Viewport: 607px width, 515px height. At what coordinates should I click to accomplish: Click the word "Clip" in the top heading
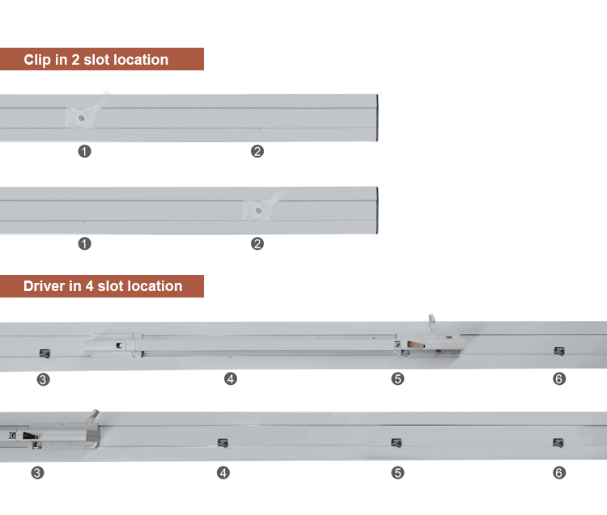tap(36, 60)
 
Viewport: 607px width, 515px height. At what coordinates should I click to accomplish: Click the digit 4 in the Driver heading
tap(89, 286)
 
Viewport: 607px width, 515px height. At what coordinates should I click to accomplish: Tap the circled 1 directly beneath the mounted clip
tap(84, 151)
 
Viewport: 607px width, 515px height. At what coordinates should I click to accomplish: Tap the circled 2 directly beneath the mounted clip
tap(257, 244)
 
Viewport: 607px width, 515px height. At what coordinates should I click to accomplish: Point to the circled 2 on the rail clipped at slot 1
tap(257, 151)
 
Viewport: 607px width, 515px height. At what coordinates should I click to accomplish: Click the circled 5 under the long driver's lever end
tap(397, 378)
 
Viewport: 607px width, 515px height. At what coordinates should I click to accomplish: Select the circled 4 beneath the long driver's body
tap(231, 378)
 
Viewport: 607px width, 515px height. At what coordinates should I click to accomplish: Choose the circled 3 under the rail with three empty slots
tap(37, 472)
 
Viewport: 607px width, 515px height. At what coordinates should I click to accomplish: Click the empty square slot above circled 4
tap(223, 443)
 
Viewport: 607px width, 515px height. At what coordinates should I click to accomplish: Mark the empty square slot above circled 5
tap(396, 443)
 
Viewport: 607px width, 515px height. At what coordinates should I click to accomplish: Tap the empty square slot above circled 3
tap(45, 353)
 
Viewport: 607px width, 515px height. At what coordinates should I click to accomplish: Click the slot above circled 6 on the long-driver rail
tap(559, 351)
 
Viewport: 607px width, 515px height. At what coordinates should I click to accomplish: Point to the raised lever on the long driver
tap(432, 323)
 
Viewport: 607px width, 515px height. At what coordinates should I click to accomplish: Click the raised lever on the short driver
tap(94, 416)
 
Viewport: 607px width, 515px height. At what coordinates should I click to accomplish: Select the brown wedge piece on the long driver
tap(416, 344)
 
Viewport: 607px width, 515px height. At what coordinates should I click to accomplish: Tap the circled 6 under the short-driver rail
tap(559, 472)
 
